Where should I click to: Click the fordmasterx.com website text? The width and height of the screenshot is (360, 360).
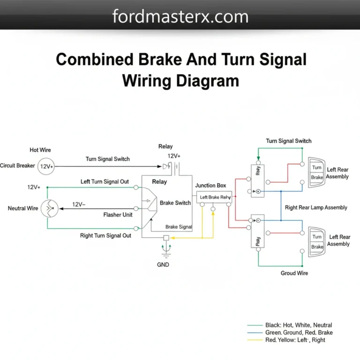180,17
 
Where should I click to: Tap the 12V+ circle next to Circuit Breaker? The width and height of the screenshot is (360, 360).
46,166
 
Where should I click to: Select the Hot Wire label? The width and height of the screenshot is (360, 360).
40,150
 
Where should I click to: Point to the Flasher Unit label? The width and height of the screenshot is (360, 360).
118,215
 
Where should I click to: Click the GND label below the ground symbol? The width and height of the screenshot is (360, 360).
164,264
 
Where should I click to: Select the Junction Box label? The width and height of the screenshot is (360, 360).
210,186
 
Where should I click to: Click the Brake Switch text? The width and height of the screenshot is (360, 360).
175,203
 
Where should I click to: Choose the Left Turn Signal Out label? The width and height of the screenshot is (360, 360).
105,181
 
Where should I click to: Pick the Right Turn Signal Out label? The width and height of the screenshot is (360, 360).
105,235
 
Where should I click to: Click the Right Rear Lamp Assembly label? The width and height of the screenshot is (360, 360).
316,207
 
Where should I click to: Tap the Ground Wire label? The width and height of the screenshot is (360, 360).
294,273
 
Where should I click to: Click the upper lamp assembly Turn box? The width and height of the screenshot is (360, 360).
317,168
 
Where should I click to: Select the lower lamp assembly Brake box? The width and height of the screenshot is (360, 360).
317,247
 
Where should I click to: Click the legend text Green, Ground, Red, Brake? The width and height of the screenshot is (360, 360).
299,332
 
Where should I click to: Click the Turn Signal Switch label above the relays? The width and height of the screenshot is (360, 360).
288,141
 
